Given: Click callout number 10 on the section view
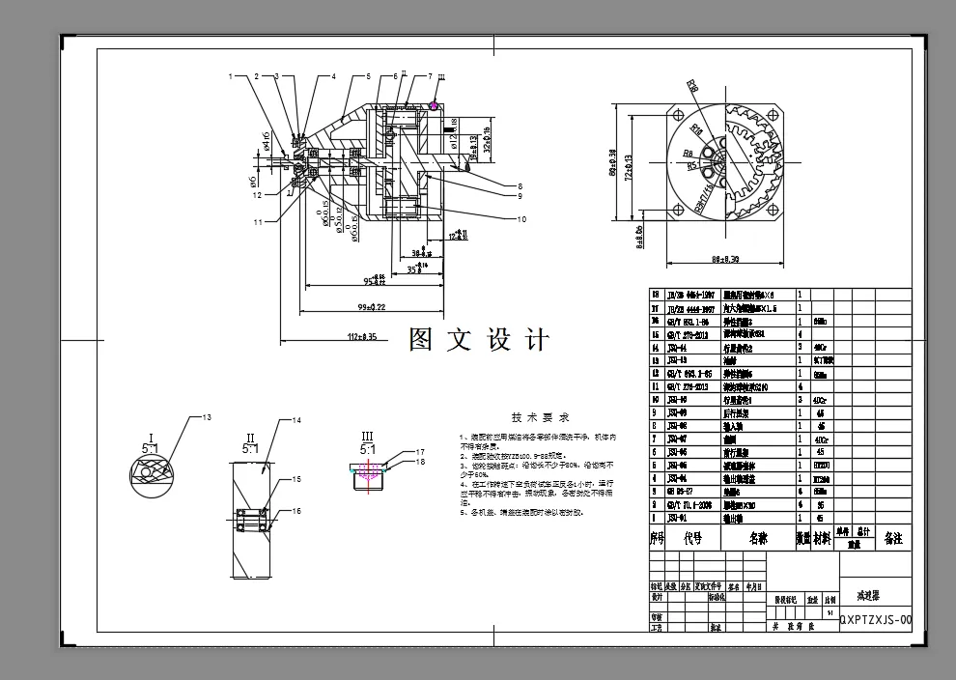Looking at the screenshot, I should tap(521, 219).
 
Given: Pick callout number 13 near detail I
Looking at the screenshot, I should tap(205, 417).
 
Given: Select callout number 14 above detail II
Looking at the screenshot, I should tap(297, 420).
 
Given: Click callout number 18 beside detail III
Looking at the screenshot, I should tap(421, 463).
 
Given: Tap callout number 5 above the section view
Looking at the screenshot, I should tap(368, 75).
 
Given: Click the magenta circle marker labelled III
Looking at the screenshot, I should tap(435, 105).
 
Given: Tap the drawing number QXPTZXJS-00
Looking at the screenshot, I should tap(875, 619).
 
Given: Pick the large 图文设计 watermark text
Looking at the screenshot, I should tap(479, 340).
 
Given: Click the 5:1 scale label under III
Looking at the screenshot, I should tap(367, 449).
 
